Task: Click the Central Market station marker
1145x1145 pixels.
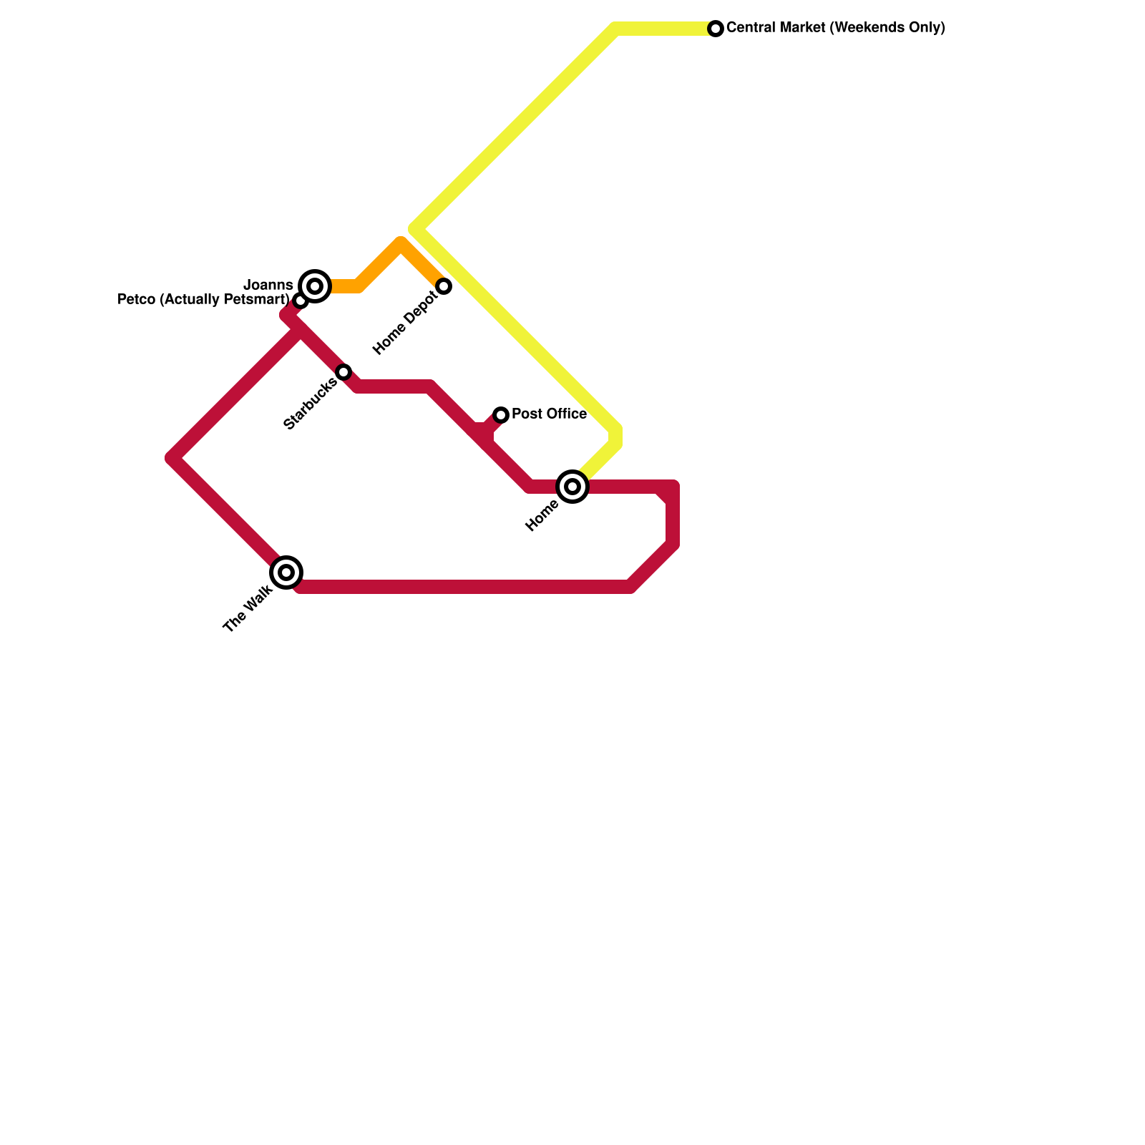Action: [716, 29]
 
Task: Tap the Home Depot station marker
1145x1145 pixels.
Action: [444, 286]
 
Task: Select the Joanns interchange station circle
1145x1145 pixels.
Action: [315, 286]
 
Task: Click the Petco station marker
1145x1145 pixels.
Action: [301, 301]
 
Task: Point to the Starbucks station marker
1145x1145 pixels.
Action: [343, 372]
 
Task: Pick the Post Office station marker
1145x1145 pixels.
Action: [501, 415]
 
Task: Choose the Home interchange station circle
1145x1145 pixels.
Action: [572, 487]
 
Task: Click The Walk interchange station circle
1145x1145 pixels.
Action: [286, 572]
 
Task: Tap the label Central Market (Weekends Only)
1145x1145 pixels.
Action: [835, 29]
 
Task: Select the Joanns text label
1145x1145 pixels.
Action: [268, 286]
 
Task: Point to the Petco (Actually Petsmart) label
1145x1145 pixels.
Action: [203, 300]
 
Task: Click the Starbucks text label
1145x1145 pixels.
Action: [310, 404]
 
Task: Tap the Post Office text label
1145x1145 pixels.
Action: [549, 414]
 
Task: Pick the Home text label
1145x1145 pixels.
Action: [542, 516]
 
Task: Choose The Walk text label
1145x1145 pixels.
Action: [248, 609]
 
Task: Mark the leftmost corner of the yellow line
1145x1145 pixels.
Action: [415, 229]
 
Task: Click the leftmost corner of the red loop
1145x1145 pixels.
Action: [173, 458]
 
